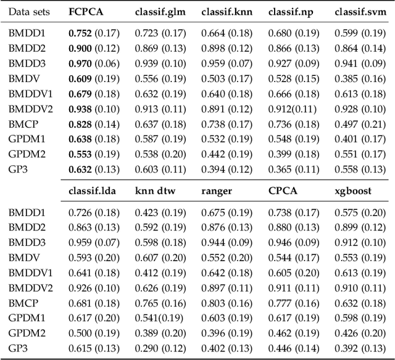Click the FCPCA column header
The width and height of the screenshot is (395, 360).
click(85, 12)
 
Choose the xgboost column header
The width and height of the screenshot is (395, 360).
click(354, 191)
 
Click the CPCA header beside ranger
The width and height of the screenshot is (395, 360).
click(283, 191)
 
